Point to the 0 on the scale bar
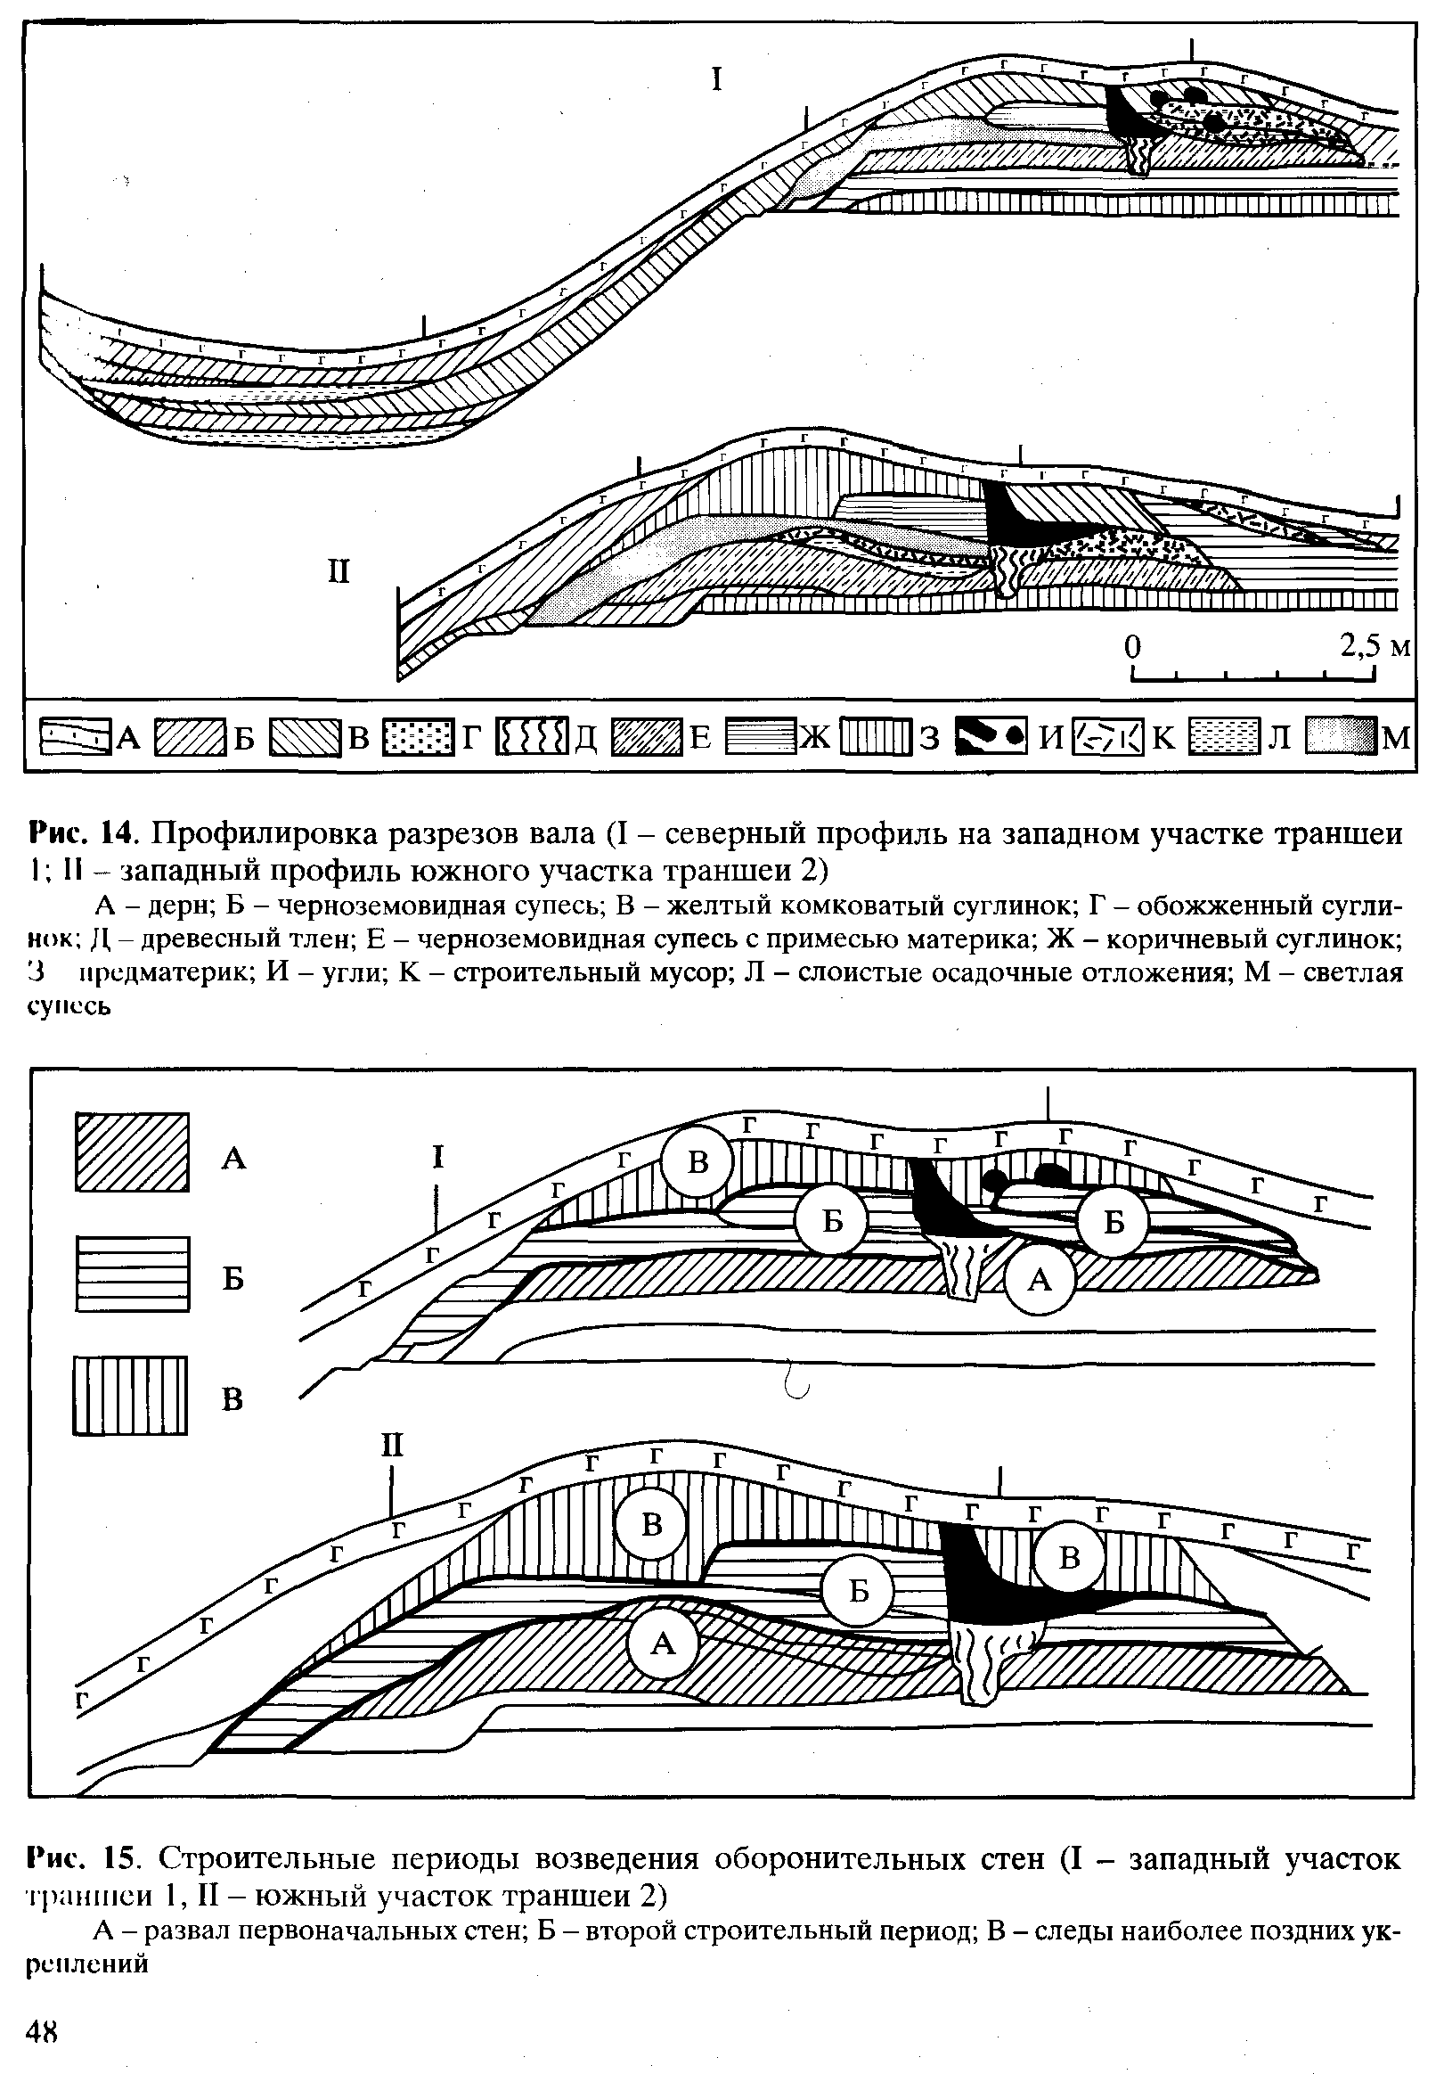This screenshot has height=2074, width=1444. [x=1132, y=647]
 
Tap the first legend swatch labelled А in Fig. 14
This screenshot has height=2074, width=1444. [x=76, y=737]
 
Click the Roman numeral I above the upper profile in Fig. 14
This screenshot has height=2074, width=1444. [x=717, y=80]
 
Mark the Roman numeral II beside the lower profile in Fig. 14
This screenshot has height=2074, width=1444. [x=338, y=572]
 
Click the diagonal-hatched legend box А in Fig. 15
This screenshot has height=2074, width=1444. [x=132, y=1152]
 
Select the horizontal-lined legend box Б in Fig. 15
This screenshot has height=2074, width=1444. [x=132, y=1275]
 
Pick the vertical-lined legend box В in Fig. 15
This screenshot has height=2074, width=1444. [x=132, y=1396]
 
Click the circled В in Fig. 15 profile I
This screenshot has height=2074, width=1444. [x=698, y=1162]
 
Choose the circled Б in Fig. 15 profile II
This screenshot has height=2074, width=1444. [x=859, y=1591]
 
